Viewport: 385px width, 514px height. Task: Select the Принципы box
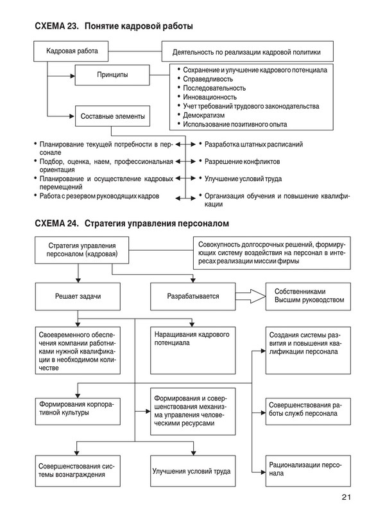(112, 75)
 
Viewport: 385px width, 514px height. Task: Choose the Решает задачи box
(78, 297)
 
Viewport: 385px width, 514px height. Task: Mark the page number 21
(346, 497)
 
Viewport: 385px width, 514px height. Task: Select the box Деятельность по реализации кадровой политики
(246, 51)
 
